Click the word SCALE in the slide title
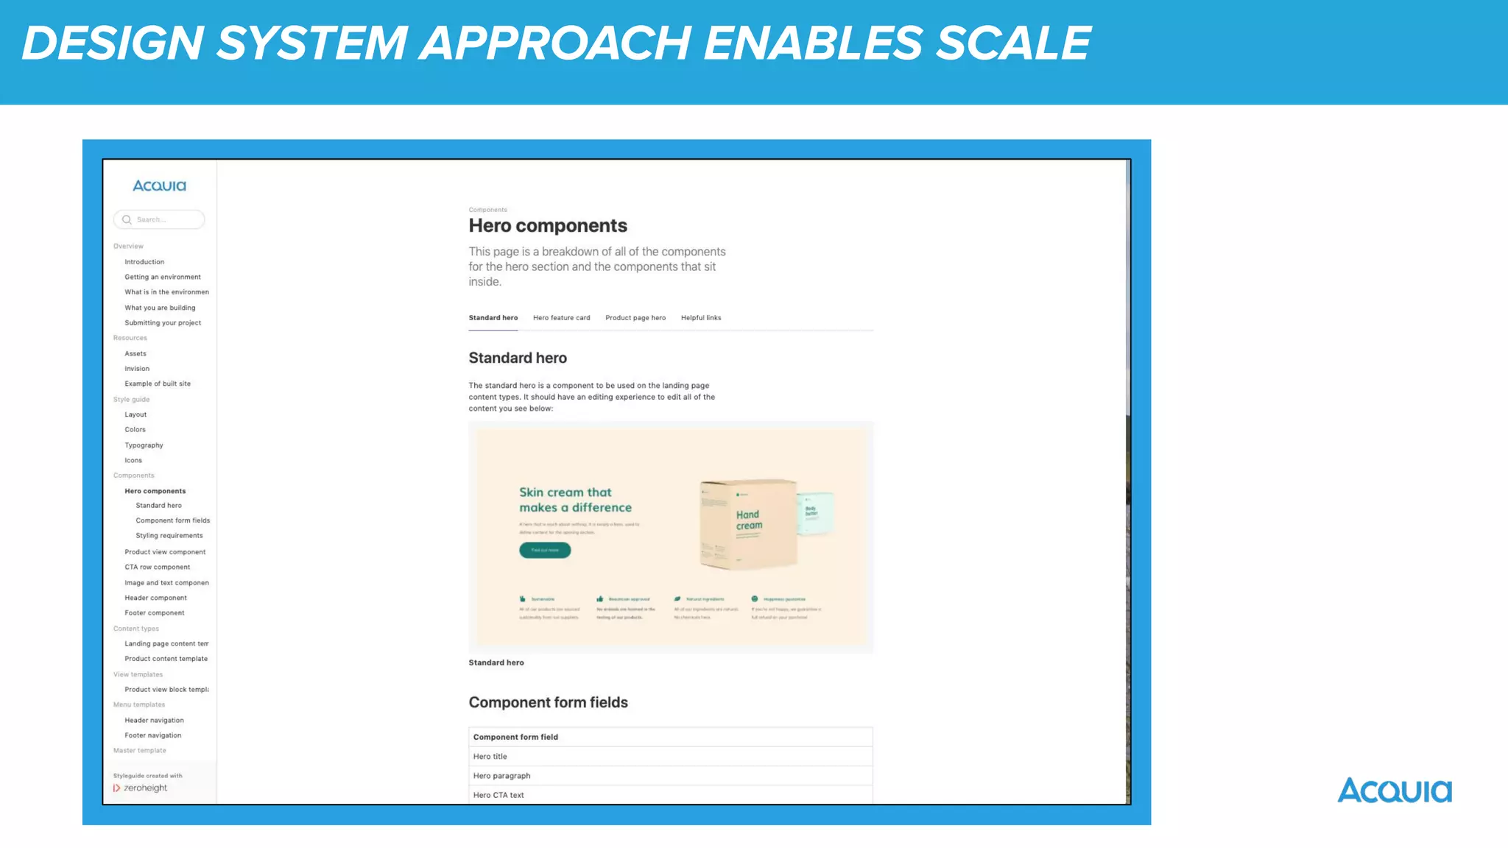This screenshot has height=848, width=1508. tap(1013, 43)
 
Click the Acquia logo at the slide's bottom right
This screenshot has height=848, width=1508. tap(1394, 791)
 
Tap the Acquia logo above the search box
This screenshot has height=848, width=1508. tap(159, 185)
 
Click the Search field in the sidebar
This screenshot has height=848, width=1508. tap(160, 219)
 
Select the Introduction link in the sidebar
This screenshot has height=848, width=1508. tap(144, 262)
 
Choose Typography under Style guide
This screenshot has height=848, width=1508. tap(144, 445)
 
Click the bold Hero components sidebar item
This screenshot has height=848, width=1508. tap(155, 491)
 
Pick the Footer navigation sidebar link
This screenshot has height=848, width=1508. tap(152, 735)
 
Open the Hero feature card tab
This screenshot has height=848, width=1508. tap(561, 318)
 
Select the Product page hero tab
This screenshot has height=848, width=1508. tap(635, 318)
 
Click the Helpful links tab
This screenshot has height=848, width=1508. tap(700, 318)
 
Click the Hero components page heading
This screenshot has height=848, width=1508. tap(548, 226)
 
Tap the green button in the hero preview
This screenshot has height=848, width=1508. tap(544, 550)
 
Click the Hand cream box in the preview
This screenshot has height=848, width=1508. tap(747, 523)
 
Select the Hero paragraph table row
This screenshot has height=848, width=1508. tap(501, 776)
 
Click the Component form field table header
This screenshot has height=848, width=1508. tap(515, 737)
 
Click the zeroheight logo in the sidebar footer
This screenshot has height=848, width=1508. tap(141, 788)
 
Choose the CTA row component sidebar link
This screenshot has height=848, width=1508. tap(157, 568)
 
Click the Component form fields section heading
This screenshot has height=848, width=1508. tap(548, 702)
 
